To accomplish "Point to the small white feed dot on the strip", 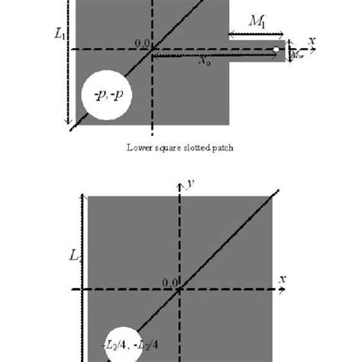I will tap(276, 51).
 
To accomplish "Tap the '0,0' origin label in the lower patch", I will tap(169, 282).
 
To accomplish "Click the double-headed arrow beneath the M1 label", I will tap(258, 34).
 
